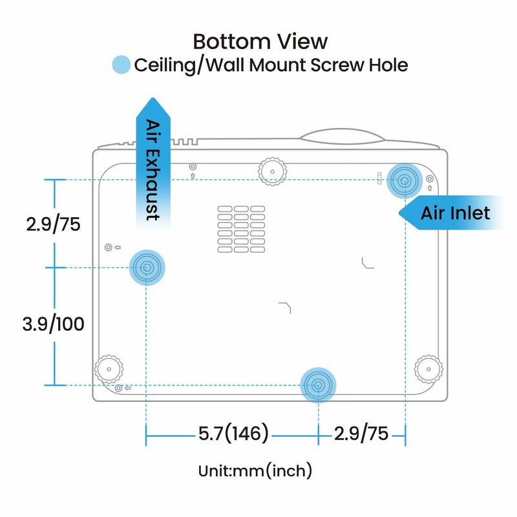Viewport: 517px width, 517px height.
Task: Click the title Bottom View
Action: coord(260,41)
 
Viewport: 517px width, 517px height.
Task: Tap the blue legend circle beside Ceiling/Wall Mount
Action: coord(121,65)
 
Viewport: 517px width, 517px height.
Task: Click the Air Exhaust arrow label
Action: coord(153,169)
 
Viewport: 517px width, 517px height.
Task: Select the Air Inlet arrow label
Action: coord(455,213)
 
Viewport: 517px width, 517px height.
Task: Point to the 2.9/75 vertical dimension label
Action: coord(54,224)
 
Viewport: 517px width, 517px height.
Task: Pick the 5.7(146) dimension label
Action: coord(233,433)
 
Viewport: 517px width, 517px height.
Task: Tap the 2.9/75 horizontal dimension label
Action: coord(361,433)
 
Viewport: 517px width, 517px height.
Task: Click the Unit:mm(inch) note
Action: coord(255,470)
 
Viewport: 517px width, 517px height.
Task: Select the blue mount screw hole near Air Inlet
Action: coord(405,180)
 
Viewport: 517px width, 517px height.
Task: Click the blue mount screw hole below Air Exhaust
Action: coord(147,267)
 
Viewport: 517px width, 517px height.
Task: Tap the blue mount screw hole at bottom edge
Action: coord(318,385)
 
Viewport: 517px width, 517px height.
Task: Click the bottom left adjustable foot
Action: coord(109,369)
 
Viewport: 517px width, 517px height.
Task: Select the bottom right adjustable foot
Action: coord(427,369)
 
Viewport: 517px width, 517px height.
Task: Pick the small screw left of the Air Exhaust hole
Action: coord(108,247)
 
